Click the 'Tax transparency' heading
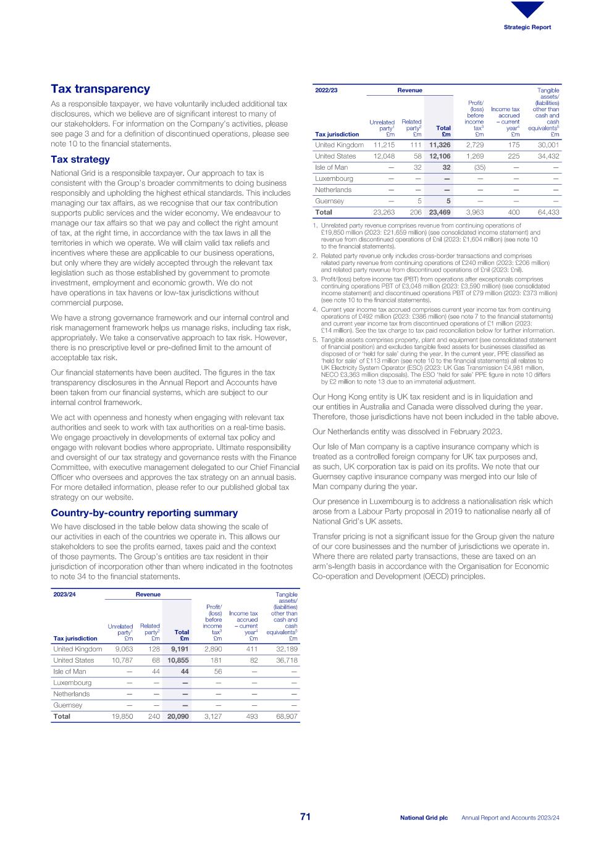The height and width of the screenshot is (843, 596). coord(100,89)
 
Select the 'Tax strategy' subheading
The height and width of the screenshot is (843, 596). coord(80,159)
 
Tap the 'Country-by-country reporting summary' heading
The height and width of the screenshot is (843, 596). coord(144,513)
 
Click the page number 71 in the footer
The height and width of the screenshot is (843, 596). coord(305,817)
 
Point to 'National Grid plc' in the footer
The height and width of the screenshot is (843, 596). coord(424,818)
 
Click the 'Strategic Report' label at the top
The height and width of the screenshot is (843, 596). coord(527,27)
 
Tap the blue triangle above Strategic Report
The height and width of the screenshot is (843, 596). coord(527,9)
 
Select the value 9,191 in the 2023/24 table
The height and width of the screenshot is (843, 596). coord(180,649)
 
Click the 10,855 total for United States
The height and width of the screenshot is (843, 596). coord(178,660)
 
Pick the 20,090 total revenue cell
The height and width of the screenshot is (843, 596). coord(178,716)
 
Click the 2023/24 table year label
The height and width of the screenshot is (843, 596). coord(64,594)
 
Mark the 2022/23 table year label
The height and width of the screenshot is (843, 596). coord(326,90)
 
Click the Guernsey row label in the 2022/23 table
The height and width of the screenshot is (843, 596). coord(329,201)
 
